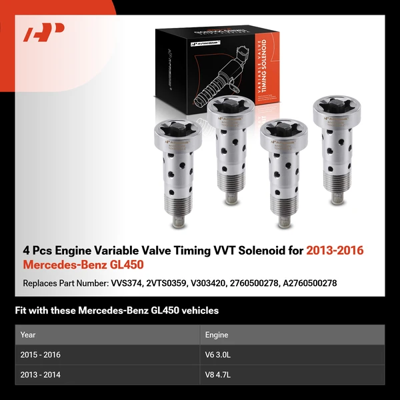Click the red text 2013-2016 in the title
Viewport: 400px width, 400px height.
tap(335, 251)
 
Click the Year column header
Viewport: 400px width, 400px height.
tap(28, 335)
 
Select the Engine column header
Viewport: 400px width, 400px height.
tap(217, 335)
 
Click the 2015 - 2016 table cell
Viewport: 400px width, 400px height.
tap(45, 355)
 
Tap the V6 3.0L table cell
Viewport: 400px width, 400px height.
tap(218, 355)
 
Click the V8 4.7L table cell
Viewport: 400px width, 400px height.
tap(218, 375)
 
